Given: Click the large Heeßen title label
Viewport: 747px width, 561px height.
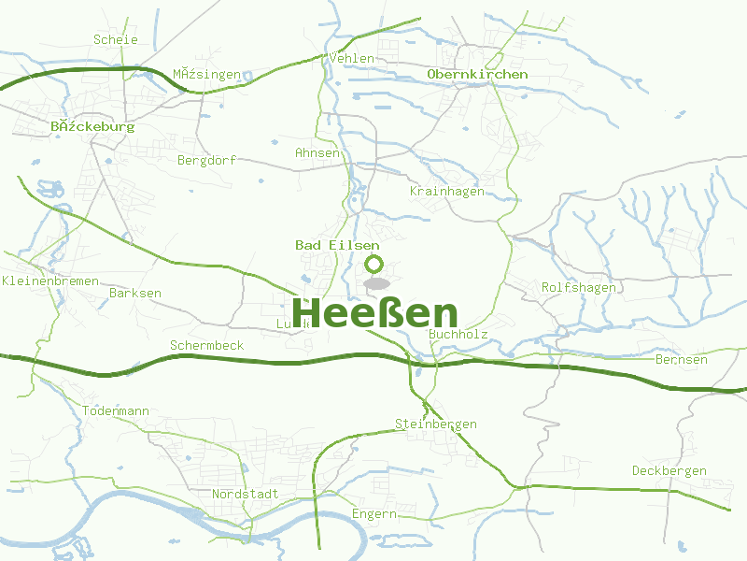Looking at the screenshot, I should [375, 312].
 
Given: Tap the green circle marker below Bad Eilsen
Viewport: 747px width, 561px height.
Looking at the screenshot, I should [374, 264].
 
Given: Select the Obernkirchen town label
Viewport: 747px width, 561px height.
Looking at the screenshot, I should [477, 74].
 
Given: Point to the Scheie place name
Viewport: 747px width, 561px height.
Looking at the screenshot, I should [116, 39].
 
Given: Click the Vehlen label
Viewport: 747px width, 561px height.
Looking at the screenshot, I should [352, 58].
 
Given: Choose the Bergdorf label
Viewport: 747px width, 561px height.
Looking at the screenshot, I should [206, 160].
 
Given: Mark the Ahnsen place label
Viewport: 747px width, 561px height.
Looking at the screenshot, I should [317, 152].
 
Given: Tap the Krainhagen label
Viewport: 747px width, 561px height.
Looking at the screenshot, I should [447, 191].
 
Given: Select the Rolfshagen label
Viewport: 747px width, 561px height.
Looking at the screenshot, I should [579, 287].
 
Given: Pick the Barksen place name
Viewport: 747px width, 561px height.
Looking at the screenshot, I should [135, 293].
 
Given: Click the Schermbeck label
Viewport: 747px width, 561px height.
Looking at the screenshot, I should [206, 345].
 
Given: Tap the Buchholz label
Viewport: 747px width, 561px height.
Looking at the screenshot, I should [458, 333].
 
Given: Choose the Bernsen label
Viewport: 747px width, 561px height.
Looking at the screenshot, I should [682, 359].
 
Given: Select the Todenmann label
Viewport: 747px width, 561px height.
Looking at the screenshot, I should [116, 410].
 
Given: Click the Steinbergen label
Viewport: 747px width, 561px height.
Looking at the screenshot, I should [436, 424].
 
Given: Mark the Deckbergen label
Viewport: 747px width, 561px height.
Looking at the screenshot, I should [669, 470].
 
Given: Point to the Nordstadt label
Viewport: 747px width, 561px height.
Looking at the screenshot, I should [246, 493].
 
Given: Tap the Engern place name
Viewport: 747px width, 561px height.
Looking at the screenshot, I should [374, 513].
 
